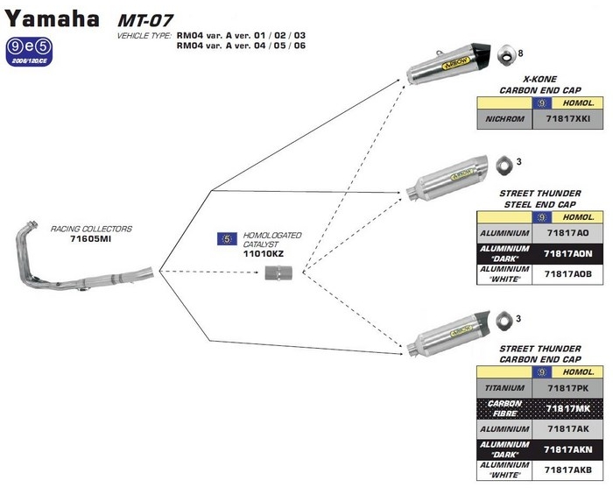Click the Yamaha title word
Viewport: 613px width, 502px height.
pos(53,18)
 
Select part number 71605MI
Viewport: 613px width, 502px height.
pos(91,237)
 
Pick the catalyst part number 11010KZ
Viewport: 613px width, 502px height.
pos(263,253)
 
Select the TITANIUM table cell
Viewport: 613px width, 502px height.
pos(504,387)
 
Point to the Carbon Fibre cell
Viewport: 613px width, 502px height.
pos(504,407)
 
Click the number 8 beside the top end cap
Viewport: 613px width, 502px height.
pos(521,54)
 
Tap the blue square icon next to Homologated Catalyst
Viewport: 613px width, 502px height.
pos(225,237)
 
